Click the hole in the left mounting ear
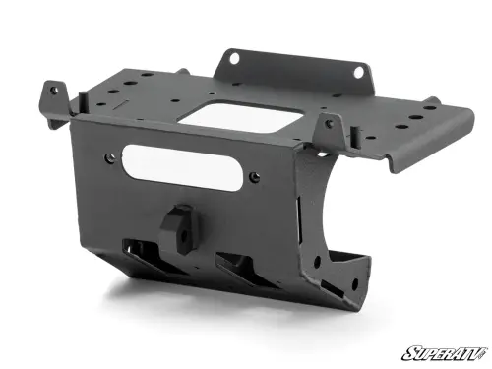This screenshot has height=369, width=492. click(54, 90)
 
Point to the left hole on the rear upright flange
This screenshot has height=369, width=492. click(235, 58)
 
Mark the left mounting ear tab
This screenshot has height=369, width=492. click(54, 95)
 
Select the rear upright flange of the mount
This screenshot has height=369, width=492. click(295, 67)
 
